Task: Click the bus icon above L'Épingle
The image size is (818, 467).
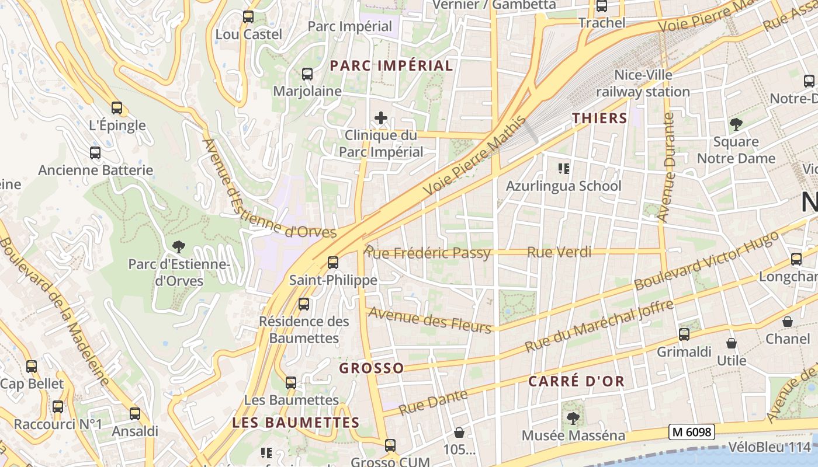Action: tap(116, 108)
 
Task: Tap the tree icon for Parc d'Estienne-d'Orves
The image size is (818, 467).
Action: tap(179, 247)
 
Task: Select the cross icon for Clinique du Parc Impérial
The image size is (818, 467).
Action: tap(381, 118)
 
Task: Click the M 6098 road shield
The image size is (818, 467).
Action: tap(692, 432)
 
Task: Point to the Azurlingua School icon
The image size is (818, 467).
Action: tap(563, 169)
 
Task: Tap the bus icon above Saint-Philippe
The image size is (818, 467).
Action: tap(333, 263)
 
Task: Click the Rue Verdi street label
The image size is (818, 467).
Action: tap(559, 252)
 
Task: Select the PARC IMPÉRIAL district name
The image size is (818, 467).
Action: tap(391, 65)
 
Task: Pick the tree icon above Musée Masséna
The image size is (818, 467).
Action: tap(573, 418)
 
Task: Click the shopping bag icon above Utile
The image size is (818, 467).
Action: tap(731, 343)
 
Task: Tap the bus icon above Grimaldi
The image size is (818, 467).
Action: tap(684, 334)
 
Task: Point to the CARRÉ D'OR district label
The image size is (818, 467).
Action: tap(577, 382)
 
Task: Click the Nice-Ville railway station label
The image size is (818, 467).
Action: tap(643, 83)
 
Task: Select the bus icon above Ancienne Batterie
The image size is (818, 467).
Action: tap(95, 153)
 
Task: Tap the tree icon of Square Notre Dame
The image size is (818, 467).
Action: tap(736, 124)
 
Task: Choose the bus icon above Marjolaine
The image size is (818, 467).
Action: tap(307, 74)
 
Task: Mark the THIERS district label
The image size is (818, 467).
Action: tap(599, 118)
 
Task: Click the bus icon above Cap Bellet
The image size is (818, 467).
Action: tap(32, 367)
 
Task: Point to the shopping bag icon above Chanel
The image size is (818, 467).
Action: tap(788, 322)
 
